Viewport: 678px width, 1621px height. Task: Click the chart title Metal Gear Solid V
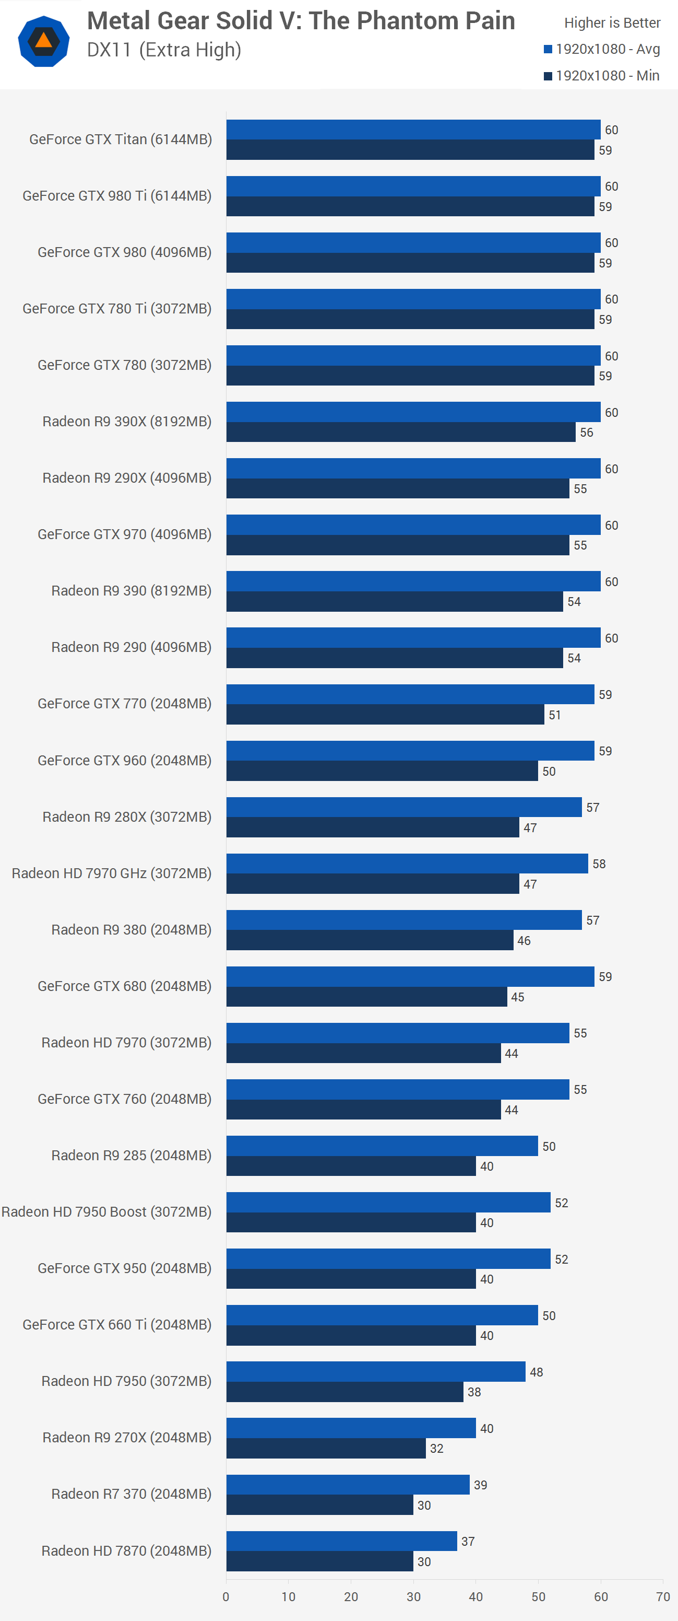301,21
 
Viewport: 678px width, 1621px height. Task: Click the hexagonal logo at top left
43,42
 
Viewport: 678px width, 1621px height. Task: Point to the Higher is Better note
612,22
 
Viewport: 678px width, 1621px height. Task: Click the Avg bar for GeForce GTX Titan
413,130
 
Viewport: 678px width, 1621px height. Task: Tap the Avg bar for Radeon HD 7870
341,1541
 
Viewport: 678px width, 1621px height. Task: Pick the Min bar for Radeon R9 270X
326,1448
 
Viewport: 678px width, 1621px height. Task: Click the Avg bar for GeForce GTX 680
410,977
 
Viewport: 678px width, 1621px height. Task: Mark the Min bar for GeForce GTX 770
385,714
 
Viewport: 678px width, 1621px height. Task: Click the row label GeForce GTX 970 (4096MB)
125,534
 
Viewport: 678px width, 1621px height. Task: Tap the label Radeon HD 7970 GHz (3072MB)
111,873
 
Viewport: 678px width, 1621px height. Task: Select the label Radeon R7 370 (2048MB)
131,1494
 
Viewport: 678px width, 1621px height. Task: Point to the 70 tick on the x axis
662,1596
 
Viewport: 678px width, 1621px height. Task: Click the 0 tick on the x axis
226,1596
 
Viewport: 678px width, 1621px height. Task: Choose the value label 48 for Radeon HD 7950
536,1372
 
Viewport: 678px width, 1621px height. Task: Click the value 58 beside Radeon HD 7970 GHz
599,864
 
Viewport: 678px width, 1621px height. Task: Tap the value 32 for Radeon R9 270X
436,1449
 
